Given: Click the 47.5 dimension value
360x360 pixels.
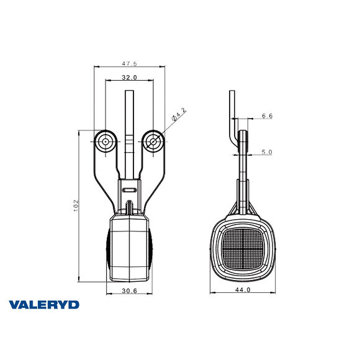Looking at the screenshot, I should click(x=128, y=63).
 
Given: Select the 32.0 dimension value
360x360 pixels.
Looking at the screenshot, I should click(x=129, y=78).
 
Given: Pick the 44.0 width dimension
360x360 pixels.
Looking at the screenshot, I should click(x=243, y=290).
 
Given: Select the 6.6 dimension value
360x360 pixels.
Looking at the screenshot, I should click(x=267, y=115).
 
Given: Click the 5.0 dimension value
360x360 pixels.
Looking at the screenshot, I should click(x=267, y=151).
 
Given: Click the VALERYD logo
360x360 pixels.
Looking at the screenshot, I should click(x=44, y=305).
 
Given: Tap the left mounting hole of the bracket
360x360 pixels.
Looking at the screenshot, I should click(x=106, y=142).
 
